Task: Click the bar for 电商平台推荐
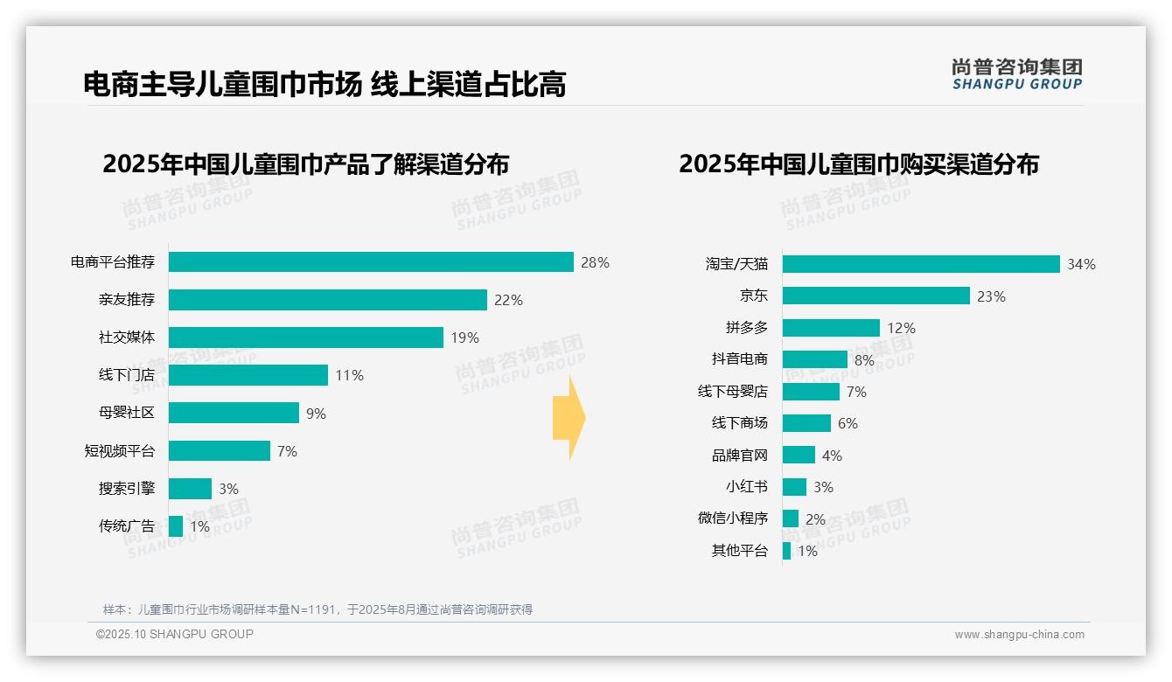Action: pos(371,262)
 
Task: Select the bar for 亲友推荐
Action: pos(327,300)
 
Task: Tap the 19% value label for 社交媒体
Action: pos(464,338)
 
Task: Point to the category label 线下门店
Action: pos(126,375)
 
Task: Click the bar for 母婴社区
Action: pos(234,413)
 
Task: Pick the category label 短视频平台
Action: pos(119,451)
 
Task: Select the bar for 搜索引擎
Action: pos(190,489)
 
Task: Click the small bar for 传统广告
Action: pos(176,526)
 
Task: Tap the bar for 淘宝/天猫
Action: pos(921,264)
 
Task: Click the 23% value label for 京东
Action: pos(991,296)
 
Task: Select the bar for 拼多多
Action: pos(831,328)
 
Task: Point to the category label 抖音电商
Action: pos(739,359)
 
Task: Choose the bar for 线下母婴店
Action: pos(811,392)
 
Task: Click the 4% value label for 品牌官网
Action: pos(832,456)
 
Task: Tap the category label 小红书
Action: pos(746,487)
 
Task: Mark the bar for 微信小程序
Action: pos(791,518)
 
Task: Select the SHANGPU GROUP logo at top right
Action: pos(1016,74)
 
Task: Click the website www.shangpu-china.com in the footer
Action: pos(1019,635)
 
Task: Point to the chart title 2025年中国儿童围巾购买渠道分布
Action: pos(858,164)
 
